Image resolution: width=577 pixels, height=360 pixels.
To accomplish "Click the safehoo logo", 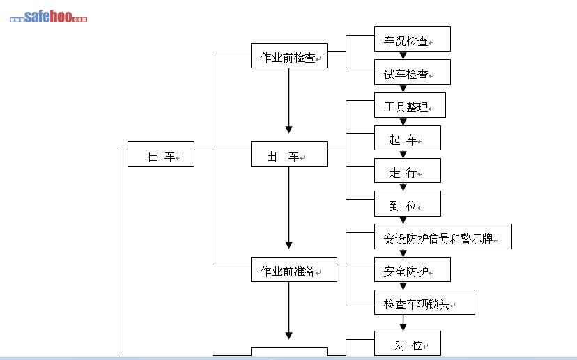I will (x=48, y=17).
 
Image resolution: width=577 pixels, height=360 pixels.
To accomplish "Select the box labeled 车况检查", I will (x=412, y=39).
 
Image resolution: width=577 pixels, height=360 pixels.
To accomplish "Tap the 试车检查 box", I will (x=412, y=72).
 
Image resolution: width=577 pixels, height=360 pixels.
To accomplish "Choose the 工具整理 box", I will (x=410, y=105).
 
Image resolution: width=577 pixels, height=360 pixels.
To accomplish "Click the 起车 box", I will (x=407, y=138).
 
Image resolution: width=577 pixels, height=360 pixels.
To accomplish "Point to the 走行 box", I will (x=407, y=171).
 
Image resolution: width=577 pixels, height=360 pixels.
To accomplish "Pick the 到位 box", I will (x=407, y=204).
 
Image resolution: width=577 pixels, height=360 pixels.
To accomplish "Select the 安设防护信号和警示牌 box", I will (x=443, y=237).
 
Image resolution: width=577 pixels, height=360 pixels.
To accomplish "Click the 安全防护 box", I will (x=412, y=269).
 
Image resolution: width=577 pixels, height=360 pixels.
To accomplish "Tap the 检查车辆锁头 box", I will (x=424, y=303).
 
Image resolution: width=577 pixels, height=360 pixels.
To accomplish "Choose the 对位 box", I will (x=407, y=343).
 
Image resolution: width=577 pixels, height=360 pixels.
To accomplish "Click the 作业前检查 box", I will (x=288, y=56).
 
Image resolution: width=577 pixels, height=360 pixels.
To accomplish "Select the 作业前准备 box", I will (x=293, y=269).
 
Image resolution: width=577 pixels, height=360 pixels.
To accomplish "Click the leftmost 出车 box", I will (x=160, y=155).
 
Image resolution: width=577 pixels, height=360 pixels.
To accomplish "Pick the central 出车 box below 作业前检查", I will (x=288, y=155).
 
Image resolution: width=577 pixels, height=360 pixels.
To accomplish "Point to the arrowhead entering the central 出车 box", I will (x=288, y=130).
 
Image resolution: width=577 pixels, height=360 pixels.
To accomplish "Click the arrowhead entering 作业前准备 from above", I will (x=288, y=244).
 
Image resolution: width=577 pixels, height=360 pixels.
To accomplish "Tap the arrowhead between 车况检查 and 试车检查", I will (x=403, y=56).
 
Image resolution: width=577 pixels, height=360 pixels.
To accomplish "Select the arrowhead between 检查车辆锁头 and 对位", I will (x=403, y=326).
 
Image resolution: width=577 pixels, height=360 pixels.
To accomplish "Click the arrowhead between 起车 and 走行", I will (x=403, y=155).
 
